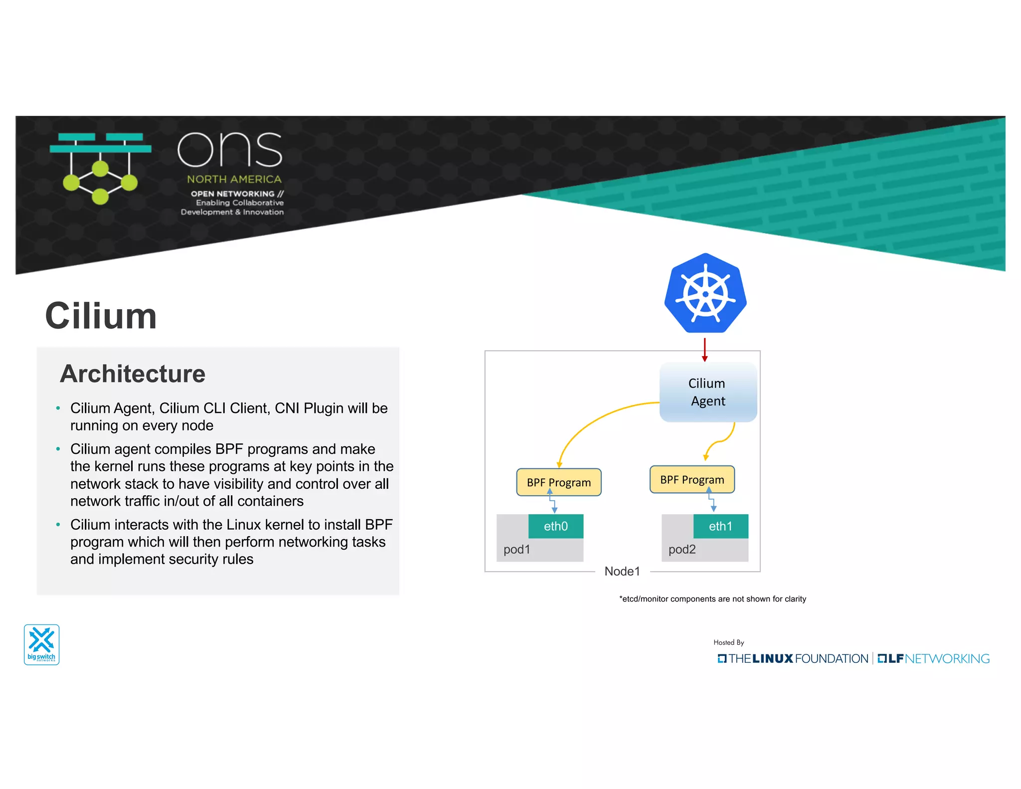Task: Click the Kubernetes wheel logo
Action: (705, 293)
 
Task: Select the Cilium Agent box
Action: (707, 392)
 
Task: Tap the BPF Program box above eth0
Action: (558, 482)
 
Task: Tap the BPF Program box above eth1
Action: (691, 479)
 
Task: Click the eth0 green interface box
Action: (555, 526)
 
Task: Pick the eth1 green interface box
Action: (720, 526)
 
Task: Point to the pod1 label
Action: (516, 550)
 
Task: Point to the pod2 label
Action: (681, 550)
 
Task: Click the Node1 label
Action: (622, 572)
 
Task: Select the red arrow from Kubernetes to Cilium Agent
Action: (704, 349)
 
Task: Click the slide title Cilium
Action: (101, 316)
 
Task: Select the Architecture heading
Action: (133, 374)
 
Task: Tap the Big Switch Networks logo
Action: (41, 644)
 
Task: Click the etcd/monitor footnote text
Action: (712, 599)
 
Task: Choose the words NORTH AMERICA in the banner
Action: (234, 179)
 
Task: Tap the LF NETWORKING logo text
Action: (933, 659)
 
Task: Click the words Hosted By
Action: (728, 642)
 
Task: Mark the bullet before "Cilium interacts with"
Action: (58, 525)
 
